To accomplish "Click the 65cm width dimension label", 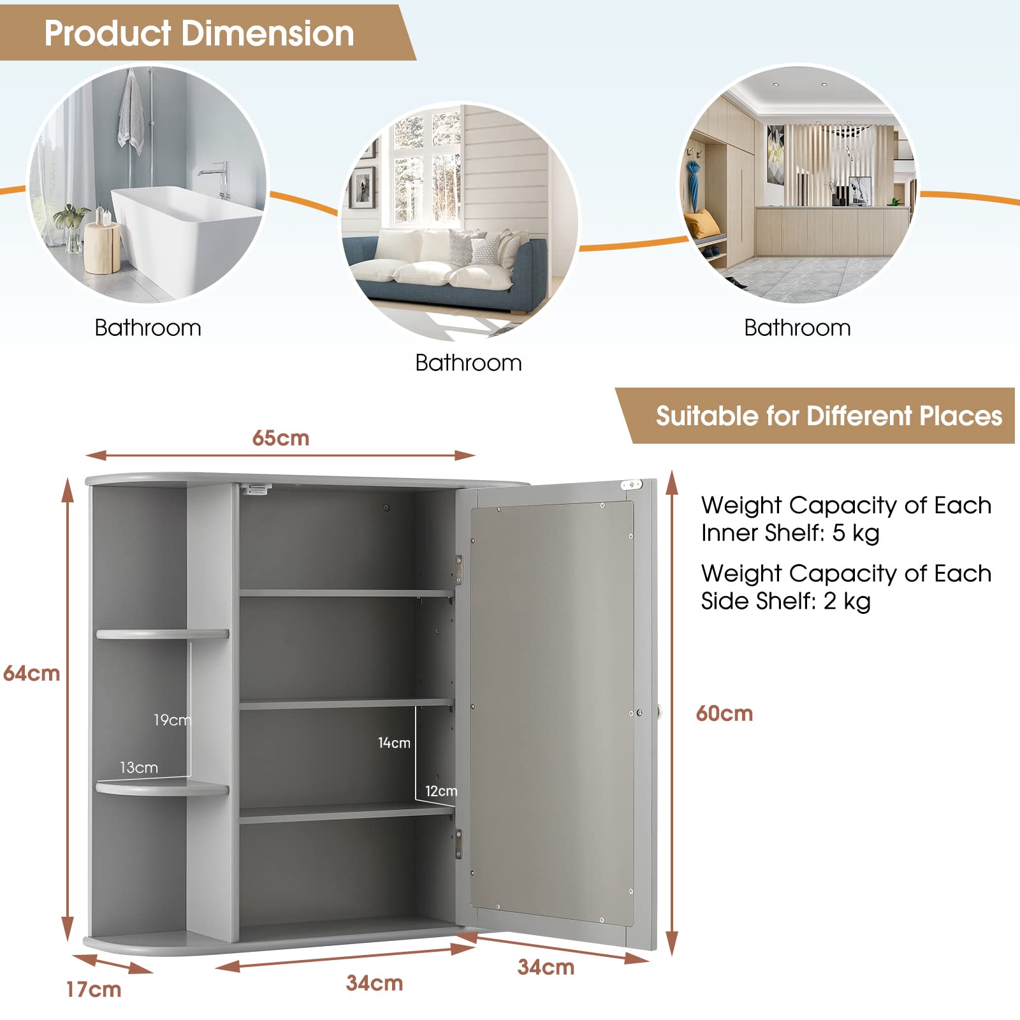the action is (x=280, y=438).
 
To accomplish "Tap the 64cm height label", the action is (x=31, y=673).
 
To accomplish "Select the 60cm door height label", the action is (x=724, y=713).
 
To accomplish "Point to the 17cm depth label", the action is (x=94, y=989).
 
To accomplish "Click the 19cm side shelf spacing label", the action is (x=172, y=720).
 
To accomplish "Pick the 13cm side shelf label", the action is (x=139, y=768).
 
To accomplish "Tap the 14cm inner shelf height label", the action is (x=394, y=743).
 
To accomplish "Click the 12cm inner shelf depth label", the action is (x=441, y=791).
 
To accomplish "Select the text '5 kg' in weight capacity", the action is (x=856, y=533).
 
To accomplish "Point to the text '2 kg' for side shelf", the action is (x=847, y=601).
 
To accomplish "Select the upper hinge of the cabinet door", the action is (x=458, y=569).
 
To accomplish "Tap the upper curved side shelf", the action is (x=163, y=634).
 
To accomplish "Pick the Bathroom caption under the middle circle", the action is (x=469, y=363).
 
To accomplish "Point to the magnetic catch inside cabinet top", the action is (x=256, y=489).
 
